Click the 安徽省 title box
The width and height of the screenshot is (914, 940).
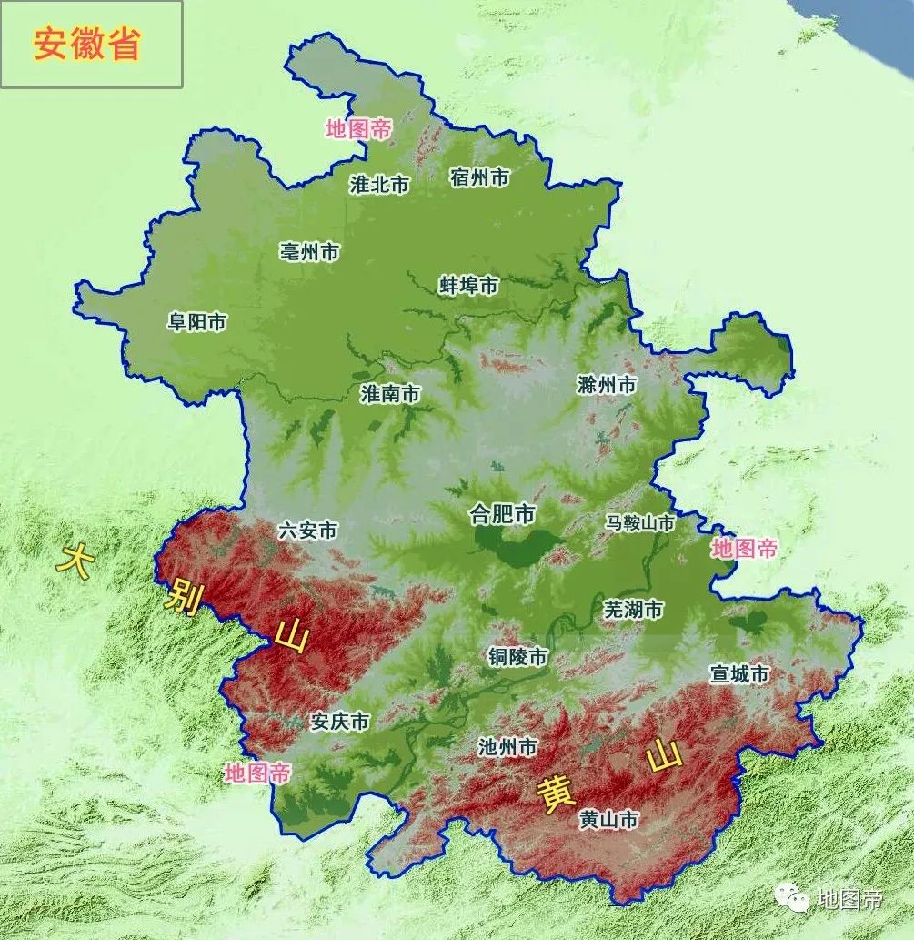tap(91, 45)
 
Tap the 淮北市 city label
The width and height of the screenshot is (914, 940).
tap(380, 185)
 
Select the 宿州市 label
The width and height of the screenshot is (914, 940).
tap(479, 177)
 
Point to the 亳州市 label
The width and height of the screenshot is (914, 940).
tap(309, 252)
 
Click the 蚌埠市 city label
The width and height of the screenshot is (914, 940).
tap(469, 286)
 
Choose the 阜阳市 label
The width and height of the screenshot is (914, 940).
tap(196, 322)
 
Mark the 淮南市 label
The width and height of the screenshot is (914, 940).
tap(390, 394)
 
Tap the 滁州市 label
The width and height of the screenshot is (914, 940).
tap(607, 385)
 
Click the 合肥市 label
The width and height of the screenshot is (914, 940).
tap(502, 515)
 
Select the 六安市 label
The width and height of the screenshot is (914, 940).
tap(308, 531)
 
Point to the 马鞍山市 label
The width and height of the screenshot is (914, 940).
tap(640, 523)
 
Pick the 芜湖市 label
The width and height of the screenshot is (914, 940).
tap(633, 610)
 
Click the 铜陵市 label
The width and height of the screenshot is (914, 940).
tap(517, 657)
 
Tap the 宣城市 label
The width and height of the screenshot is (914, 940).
tap(739, 674)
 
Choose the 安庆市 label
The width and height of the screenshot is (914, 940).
tap(339, 722)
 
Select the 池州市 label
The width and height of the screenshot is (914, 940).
tap(507, 747)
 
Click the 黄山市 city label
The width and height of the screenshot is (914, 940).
tap(608, 820)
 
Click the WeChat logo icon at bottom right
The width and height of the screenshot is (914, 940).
tap(793, 899)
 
